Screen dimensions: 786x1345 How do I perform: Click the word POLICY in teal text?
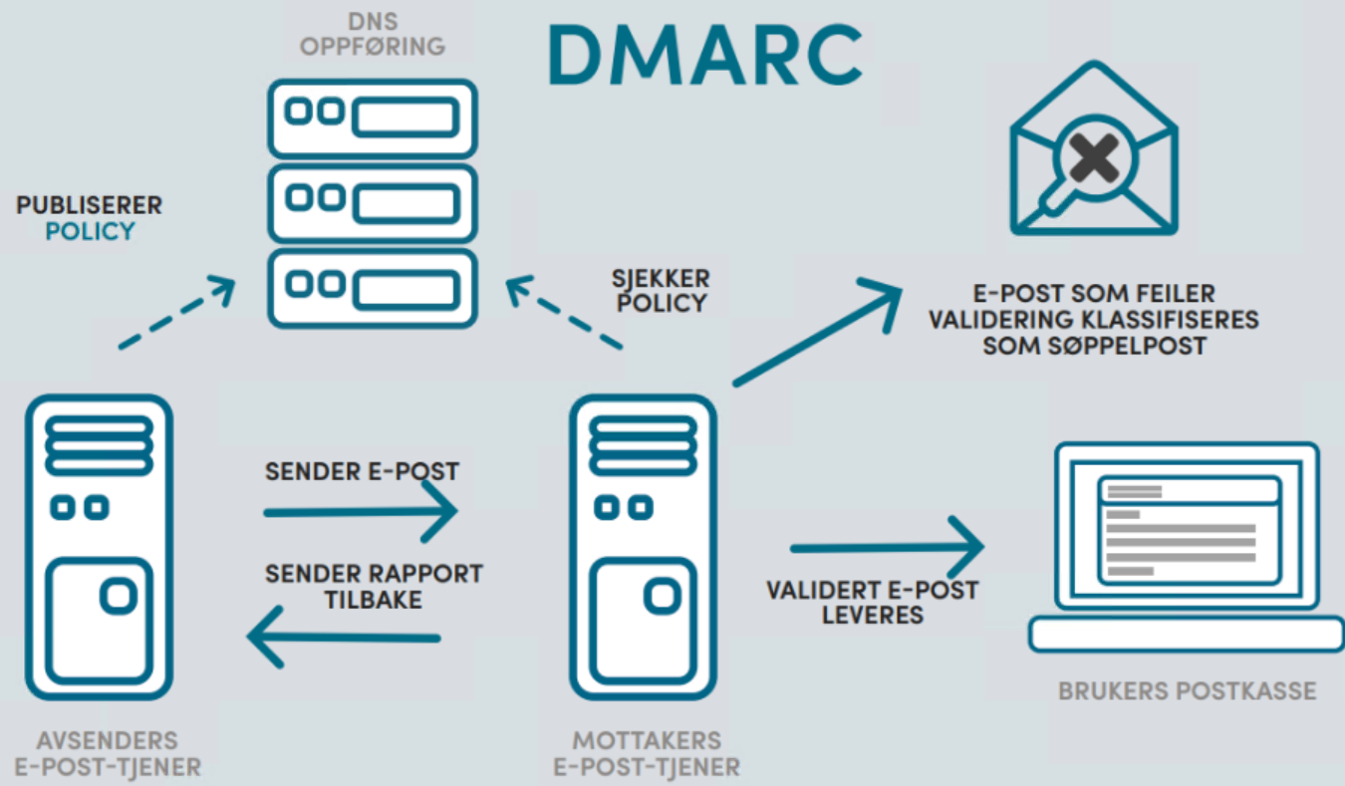90,232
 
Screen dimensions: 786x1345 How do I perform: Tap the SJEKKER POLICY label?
662,289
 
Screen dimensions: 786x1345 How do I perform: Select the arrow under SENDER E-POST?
360,512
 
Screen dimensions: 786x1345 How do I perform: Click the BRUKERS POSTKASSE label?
1187,690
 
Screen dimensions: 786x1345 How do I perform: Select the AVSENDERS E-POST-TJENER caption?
108,754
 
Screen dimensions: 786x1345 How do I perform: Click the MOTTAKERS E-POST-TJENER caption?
647,754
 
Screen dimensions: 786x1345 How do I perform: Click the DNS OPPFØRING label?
372,34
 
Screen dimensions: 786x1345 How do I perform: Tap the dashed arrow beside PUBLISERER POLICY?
176,314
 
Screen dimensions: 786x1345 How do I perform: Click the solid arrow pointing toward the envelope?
817,334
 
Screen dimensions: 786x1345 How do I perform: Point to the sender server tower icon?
99,548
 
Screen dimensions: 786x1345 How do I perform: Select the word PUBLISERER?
90,206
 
